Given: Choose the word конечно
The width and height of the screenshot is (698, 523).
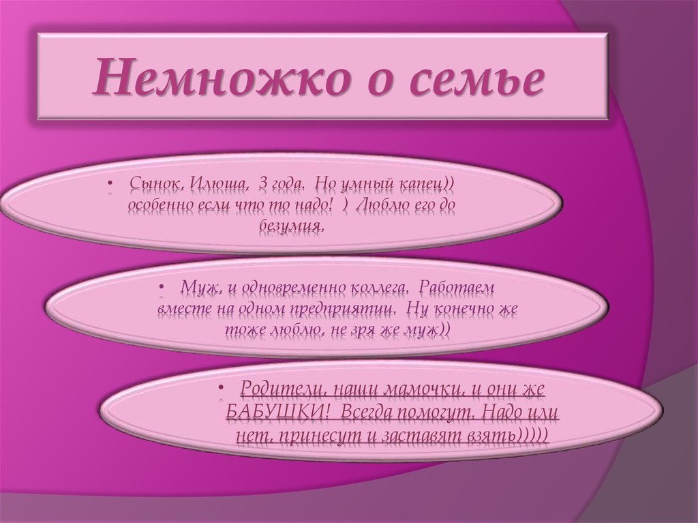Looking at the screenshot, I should coord(466,308).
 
